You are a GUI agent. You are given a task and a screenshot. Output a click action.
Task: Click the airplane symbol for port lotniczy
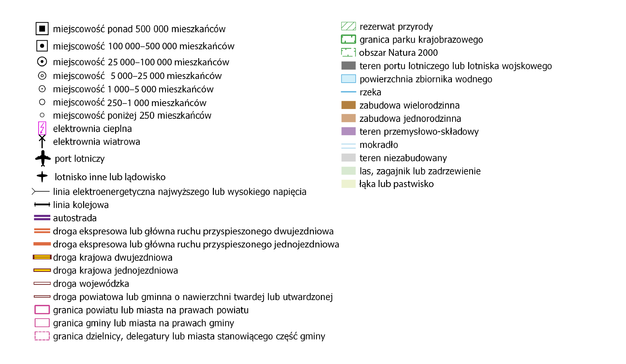(x=43, y=158)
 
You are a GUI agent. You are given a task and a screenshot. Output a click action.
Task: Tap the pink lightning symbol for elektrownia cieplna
(x=42, y=128)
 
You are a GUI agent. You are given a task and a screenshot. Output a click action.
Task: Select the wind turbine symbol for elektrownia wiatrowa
(x=42, y=141)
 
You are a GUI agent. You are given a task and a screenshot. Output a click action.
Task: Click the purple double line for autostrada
(x=42, y=218)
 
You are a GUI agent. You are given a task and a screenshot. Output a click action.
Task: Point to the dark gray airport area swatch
(x=348, y=66)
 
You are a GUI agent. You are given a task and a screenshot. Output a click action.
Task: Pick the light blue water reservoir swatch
(x=348, y=79)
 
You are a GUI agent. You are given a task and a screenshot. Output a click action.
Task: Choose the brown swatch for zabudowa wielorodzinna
(x=348, y=105)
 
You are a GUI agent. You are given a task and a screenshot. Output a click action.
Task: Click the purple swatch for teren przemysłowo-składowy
(x=348, y=131)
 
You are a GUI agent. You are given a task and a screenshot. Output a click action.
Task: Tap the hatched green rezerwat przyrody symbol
(x=348, y=26)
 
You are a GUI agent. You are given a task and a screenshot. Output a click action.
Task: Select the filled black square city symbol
(x=42, y=29)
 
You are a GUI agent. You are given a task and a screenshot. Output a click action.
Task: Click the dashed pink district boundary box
(x=42, y=336)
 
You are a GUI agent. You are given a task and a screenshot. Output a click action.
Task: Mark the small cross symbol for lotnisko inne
(x=42, y=177)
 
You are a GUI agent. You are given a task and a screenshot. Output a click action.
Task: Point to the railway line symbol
(x=42, y=205)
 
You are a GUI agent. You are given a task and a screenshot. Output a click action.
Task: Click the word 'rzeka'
(x=370, y=92)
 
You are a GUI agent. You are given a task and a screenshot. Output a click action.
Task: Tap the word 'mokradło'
(x=379, y=145)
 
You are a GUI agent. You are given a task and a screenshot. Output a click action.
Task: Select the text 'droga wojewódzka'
(x=91, y=284)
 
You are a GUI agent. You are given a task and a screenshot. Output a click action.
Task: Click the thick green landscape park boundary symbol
(x=348, y=40)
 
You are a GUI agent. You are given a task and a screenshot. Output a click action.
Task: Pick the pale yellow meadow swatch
(x=348, y=184)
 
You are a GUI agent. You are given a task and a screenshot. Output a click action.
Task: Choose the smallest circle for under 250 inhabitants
(x=42, y=115)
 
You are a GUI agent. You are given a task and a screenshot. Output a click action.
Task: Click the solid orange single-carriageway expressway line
(x=42, y=244)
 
